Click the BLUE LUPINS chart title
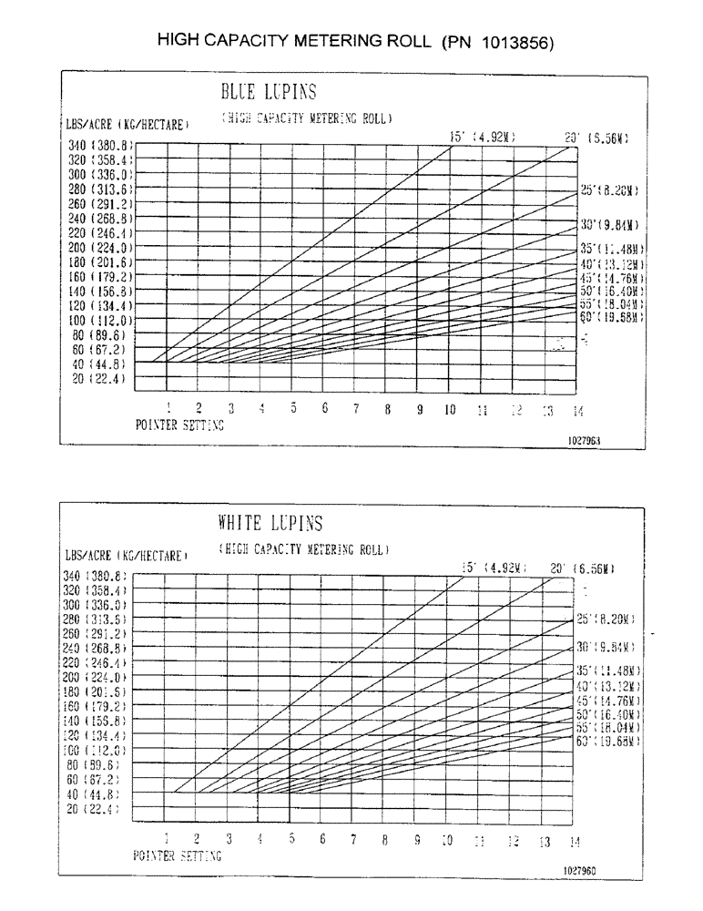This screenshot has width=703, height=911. pyautogui.click(x=269, y=92)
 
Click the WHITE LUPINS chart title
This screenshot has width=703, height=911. pyautogui.click(x=270, y=523)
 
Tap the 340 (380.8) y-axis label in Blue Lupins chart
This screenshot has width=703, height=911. pyautogui.click(x=99, y=146)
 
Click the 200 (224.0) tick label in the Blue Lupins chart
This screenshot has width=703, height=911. pyautogui.click(x=99, y=248)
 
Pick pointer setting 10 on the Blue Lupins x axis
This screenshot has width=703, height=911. pyautogui.click(x=450, y=410)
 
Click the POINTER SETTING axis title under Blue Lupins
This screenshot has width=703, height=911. pyautogui.click(x=178, y=425)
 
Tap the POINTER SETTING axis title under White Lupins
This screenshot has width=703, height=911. pyautogui.click(x=177, y=855)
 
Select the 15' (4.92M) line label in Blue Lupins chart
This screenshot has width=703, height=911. pyautogui.click(x=483, y=138)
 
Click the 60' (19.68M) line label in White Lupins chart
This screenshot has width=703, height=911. pyautogui.click(x=608, y=742)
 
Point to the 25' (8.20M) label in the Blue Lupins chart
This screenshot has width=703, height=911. pyautogui.click(x=609, y=191)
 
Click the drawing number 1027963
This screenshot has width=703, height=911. pyautogui.click(x=584, y=440)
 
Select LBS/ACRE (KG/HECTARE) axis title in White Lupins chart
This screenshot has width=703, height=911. pyautogui.click(x=127, y=554)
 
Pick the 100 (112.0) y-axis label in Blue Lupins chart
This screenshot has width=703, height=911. pyautogui.click(x=99, y=321)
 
